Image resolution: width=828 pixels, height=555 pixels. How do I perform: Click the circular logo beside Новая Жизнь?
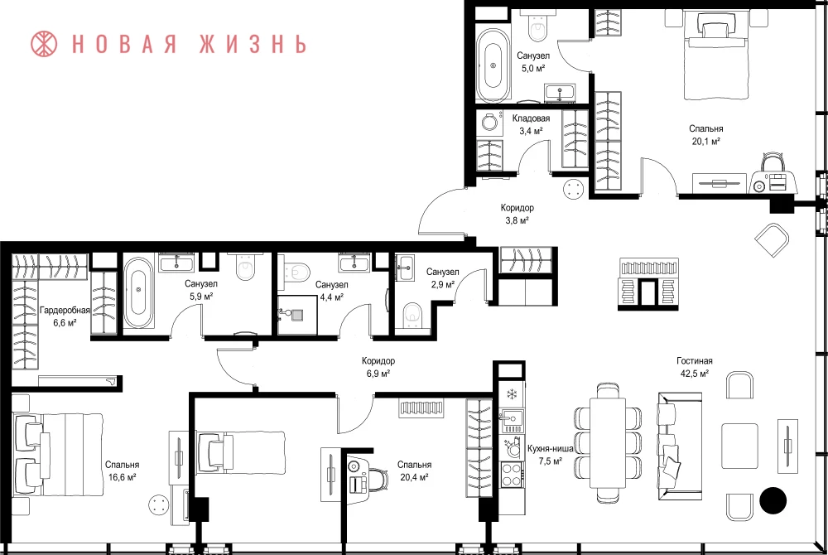[x=44, y=44]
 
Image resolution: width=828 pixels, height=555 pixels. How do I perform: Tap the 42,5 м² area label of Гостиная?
[x=695, y=374]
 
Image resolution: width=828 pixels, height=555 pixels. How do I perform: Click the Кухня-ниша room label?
[x=551, y=448]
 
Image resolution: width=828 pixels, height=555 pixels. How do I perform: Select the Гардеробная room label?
[x=65, y=310]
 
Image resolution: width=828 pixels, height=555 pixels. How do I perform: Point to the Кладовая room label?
[x=531, y=118]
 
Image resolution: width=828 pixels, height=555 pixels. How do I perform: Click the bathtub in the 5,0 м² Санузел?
[x=493, y=65]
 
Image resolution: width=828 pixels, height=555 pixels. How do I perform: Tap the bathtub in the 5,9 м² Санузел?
[x=139, y=292]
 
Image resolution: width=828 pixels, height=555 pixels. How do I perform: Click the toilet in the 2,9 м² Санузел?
[x=412, y=316]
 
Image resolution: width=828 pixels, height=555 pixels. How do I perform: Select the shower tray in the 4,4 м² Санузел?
[x=297, y=315]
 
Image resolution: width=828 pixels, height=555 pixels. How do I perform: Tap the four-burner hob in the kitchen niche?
[x=512, y=474]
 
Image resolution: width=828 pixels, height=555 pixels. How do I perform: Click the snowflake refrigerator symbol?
[x=511, y=394]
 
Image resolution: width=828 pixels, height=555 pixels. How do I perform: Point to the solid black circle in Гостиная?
[x=773, y=499]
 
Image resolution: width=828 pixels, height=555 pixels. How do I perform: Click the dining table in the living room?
[x=608, y=442]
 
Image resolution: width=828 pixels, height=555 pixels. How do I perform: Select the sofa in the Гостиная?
[x=680, y=446]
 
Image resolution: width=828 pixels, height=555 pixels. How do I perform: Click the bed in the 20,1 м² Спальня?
[x=716, y=55]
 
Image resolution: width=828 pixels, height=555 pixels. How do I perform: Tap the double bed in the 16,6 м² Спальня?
[x=58, y=455]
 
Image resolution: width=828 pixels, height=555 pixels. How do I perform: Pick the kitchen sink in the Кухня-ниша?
[x=512, y=418]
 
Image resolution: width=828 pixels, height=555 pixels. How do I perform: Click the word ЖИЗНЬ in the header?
[x=253, y=44]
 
